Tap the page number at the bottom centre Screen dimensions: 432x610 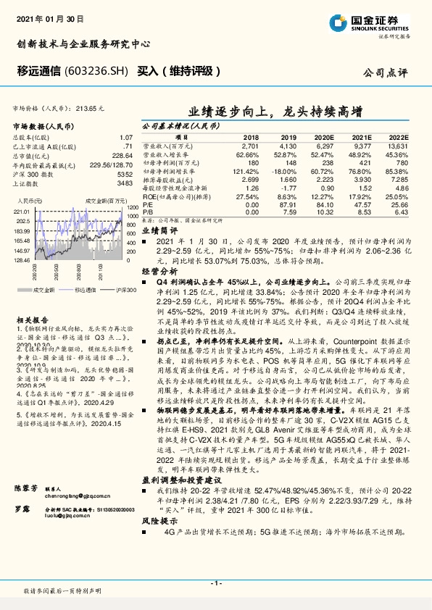215,583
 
